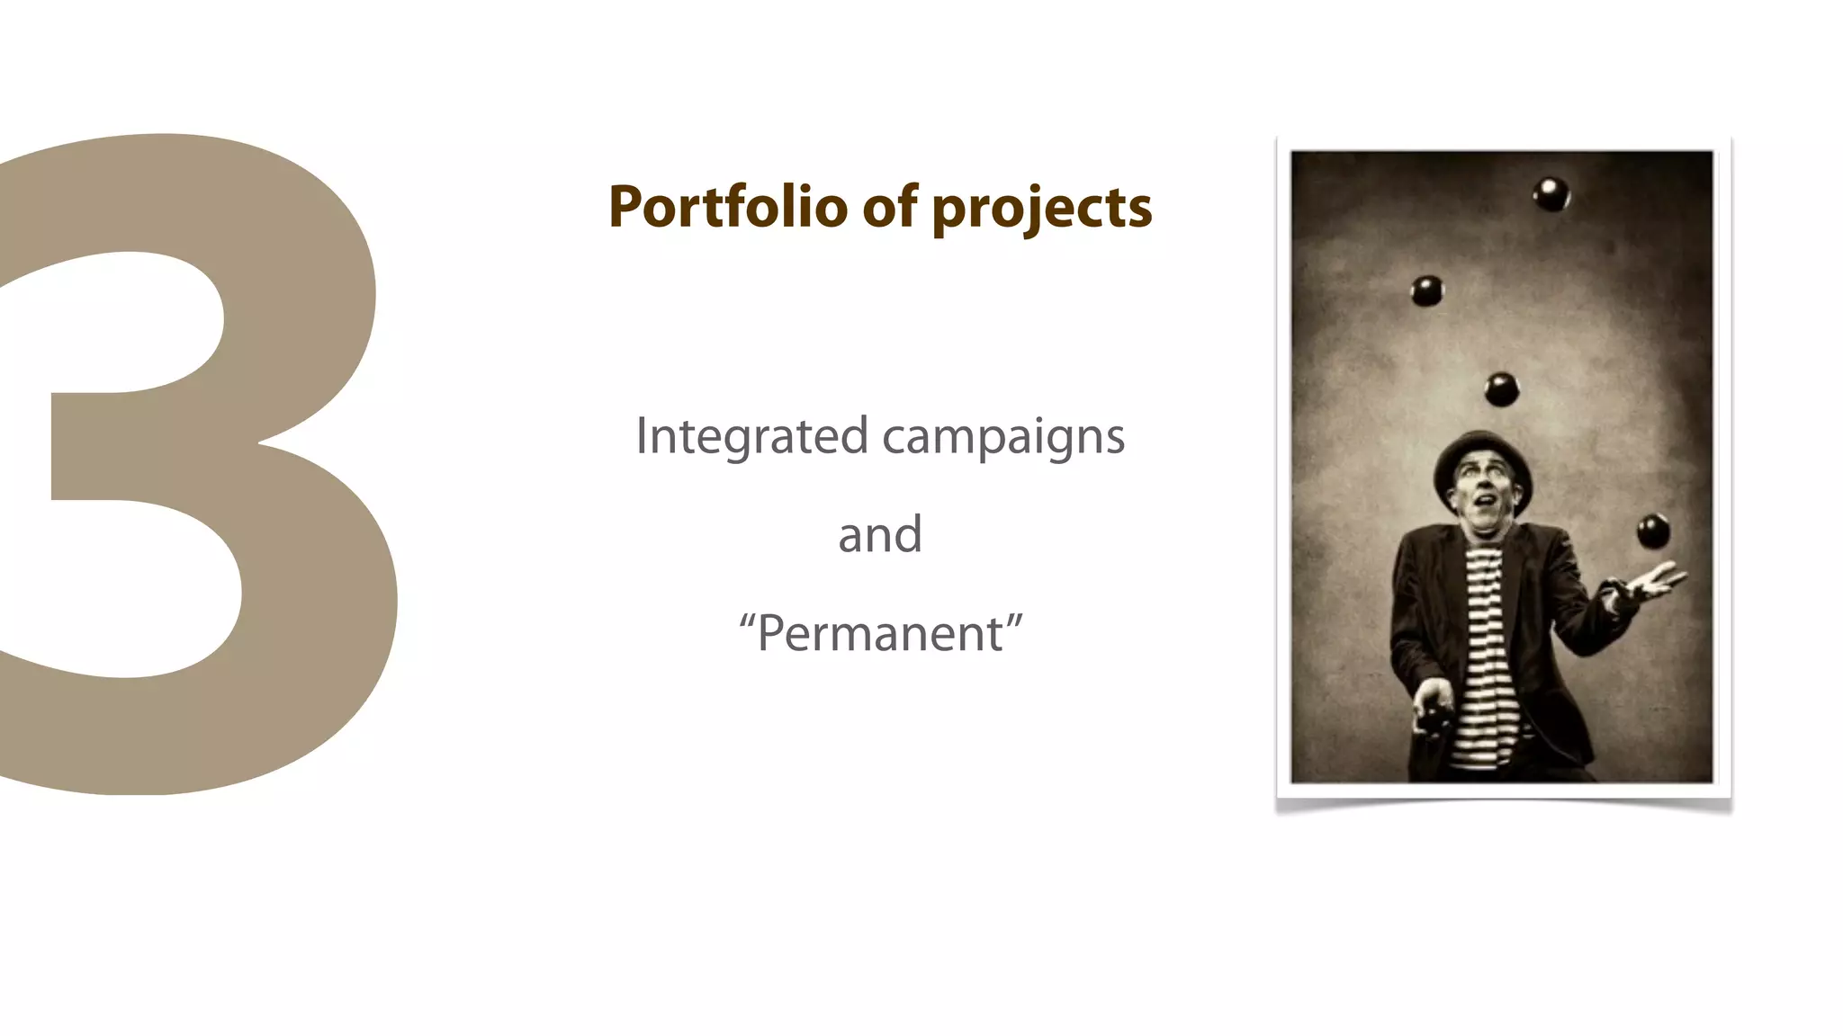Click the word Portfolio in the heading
tap(727, 207)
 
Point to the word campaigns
tap(1002, 438)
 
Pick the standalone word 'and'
tap(880, 534)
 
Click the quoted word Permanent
tap(880, 633)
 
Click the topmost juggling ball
tap(1551, 193)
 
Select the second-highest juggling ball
tap(1426, 290)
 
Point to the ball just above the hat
tap(1501, 389)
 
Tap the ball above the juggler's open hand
tap(1653, 531)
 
